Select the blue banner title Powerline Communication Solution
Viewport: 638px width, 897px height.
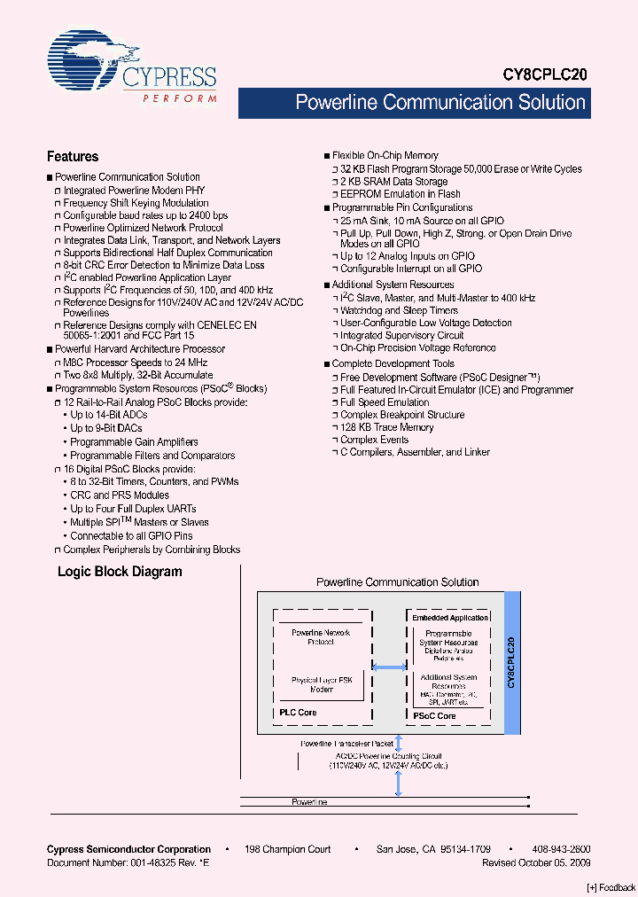pyautogui.click(x=440, y=103)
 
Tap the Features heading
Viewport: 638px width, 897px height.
pyautogui.click(x=73, y=157)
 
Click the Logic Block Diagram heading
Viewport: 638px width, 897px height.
pyautogui.click(x=120, y=572)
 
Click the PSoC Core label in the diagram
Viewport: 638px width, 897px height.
pyautogui.click(x=434, y=715)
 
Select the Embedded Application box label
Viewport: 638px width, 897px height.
pyautogui.click(x=451, y=618)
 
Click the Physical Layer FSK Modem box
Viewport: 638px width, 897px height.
pyautogui.click(x=321, y=684)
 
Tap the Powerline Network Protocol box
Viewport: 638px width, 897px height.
pyautogui.click(x=321, y=636)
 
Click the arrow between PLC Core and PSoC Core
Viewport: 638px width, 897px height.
pyautogui.click(x=389, y=667)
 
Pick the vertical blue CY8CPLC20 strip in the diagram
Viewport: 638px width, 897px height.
pyautogui.click(x=510, y=662)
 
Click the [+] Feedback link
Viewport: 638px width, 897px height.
pyautogui.click(x=611, y=887)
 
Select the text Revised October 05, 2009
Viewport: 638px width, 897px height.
pyautogui.click(x=536, y=862)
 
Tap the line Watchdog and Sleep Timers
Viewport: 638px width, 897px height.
pyautogui.click(x=399, y=311)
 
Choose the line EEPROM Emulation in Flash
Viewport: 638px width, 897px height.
pyautogui.click(x=401, y=194)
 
